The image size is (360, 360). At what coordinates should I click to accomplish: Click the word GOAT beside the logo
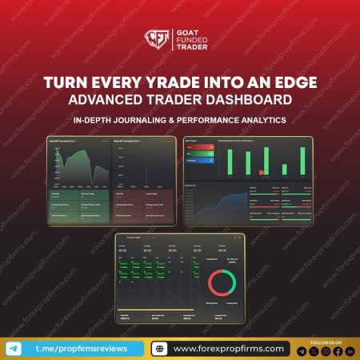(187, 32)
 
